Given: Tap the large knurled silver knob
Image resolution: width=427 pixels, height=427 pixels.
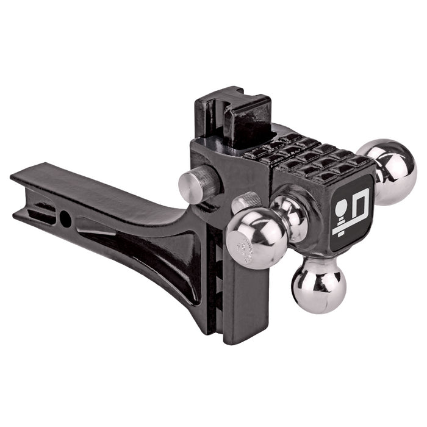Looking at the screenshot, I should tap(197, 184).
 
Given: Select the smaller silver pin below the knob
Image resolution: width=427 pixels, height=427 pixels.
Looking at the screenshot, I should tap(245, 202).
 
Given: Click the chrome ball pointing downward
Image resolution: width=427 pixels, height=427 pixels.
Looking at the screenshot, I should tap(318, 285).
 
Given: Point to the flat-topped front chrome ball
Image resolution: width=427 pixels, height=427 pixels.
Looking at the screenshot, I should tap(257, 237).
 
